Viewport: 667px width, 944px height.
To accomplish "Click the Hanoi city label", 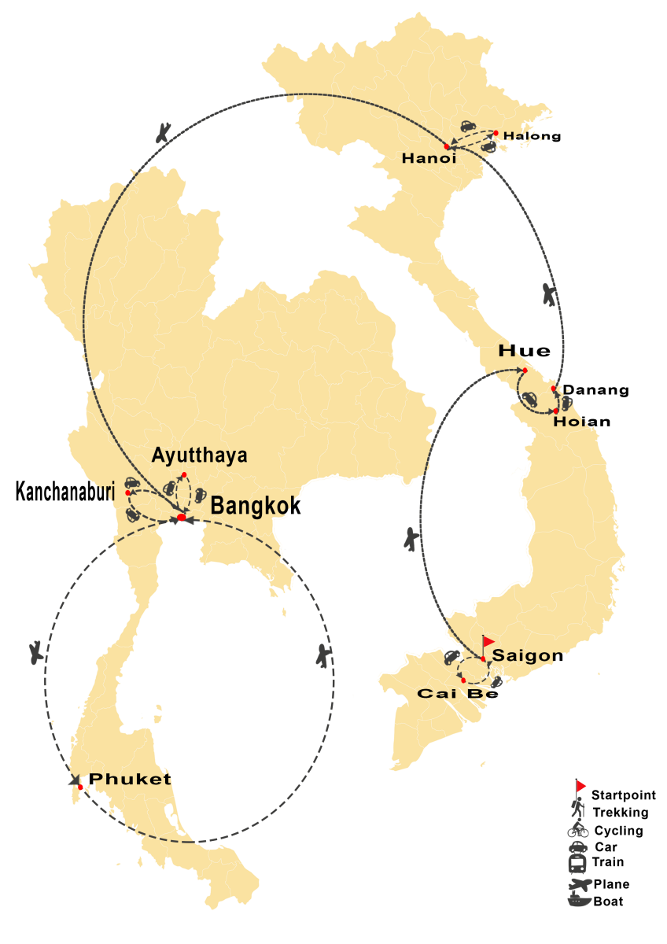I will pos(429,158).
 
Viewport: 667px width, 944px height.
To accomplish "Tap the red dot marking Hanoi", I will pos(447,147).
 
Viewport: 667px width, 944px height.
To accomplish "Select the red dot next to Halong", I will pos(496,133).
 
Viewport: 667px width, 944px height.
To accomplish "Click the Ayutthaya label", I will pos(199,455).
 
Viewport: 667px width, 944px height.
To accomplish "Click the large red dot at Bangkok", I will pos(182,517).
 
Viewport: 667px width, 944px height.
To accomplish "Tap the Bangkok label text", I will pos(247,506).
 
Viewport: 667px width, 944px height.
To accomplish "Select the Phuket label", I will pos(130,780).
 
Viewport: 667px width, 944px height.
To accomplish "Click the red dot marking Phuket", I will pos(80,787).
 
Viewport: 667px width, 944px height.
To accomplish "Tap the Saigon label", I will pos(526,655).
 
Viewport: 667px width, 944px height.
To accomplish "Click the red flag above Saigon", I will pos(489,641).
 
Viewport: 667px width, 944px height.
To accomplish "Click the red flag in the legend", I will pos(581,786).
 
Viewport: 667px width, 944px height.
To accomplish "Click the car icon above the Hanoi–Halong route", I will pos(467,125).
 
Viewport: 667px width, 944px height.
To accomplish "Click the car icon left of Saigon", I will pos(451,655).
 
